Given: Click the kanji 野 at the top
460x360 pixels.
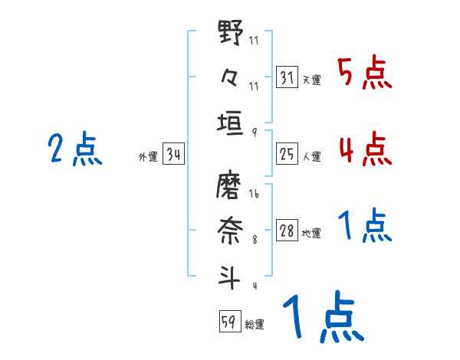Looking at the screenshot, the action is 231,34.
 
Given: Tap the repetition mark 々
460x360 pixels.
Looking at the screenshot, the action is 231,77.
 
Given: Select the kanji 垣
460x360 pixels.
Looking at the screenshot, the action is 231,122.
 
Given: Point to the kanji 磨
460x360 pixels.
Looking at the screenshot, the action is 231,186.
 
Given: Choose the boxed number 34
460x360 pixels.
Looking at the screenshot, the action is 173,155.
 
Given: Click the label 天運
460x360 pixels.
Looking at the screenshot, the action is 311,80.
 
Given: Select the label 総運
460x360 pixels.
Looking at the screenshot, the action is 254,324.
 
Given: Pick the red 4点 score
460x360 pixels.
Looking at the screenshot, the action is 364,149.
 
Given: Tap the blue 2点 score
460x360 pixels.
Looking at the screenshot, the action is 74,149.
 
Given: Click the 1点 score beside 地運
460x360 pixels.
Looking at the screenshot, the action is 364,227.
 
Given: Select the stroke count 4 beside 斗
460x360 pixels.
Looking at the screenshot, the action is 254,286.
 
